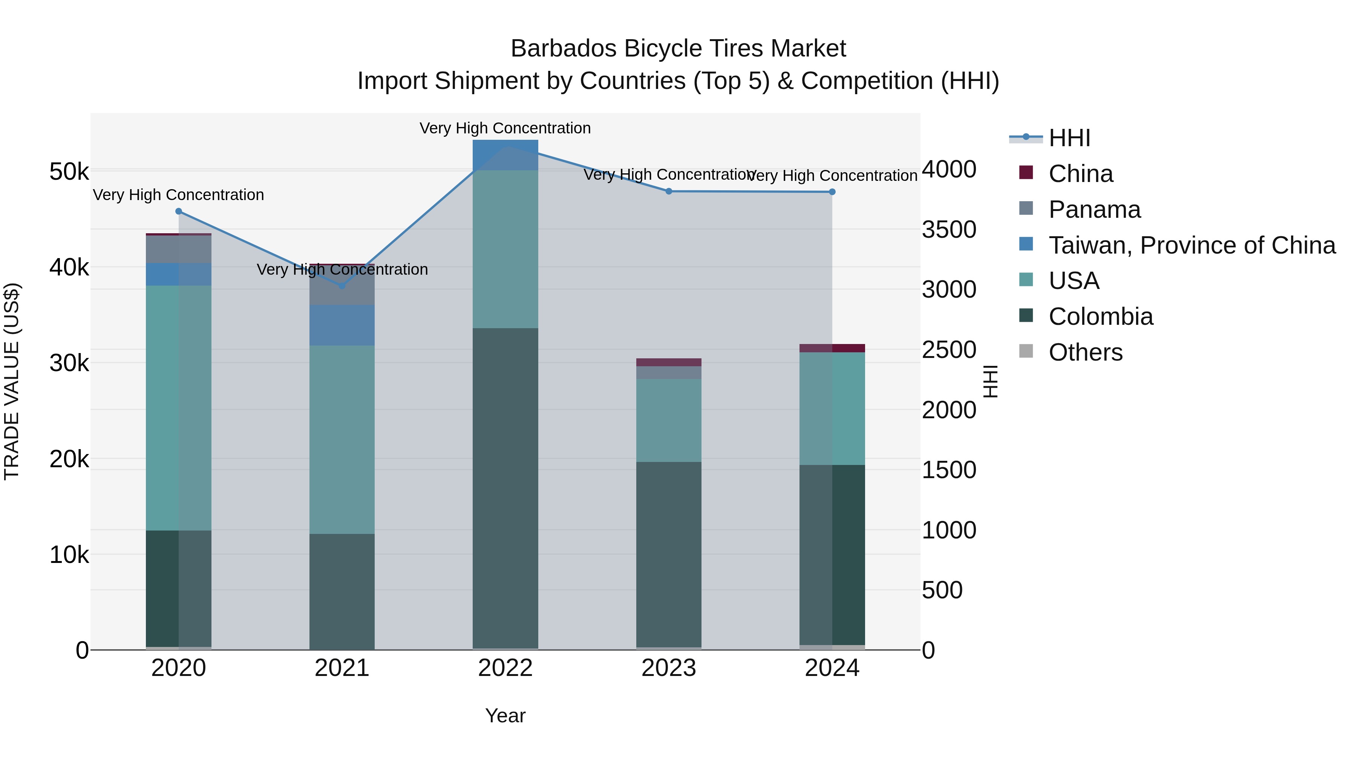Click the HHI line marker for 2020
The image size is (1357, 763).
pyautogui.click(x=179, y=211)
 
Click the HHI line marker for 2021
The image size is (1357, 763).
pyautogui.click(x=342, y=286)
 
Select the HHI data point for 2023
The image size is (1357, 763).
pyautogui.click(x=668, y=191)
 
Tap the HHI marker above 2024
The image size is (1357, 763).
pyautogui.click(x=832, y=192)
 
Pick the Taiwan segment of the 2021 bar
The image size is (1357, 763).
pyautogui.click(x=342, y=325)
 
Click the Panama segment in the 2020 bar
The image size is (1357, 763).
pyautogui.click(x=179, y=249)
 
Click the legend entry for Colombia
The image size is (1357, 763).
pyautogui.click(x=1100, y=317)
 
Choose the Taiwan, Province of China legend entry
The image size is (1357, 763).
pyautogui.click(x=1192, y=245)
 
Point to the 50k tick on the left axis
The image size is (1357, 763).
pyautogui.click(x=69, y=172)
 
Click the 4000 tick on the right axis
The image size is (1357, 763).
pyautogui.click(x=949, y=170)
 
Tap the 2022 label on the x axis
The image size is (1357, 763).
pyautogui.click(x=505, y=668)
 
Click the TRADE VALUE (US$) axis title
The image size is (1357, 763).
pyautogui.click(x=12, y=381)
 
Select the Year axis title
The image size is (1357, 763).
pyautogui.click(x=505, y=716)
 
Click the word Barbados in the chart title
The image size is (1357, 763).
pyautogui.click(x=563, y=49)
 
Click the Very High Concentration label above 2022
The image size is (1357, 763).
pyautogui.click(x=505, y=128)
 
